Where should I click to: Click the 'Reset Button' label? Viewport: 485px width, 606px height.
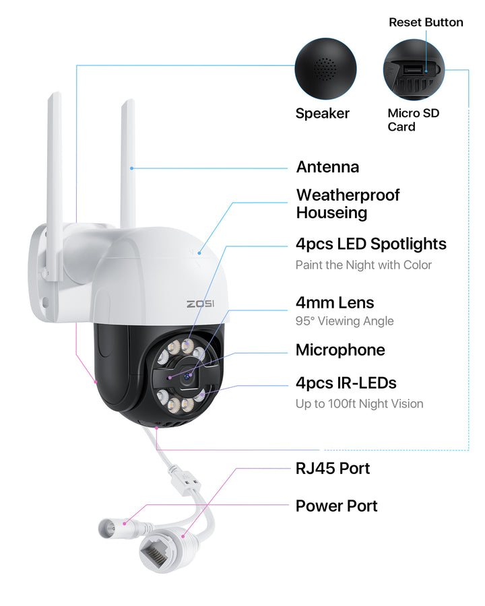point(426,22)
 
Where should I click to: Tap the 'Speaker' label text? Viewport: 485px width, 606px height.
point(323,113)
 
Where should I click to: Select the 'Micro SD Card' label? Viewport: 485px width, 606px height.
point(413,120)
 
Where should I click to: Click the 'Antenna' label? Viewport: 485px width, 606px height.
point(327,167)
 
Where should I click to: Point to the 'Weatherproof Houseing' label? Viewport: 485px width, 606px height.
point(348,204)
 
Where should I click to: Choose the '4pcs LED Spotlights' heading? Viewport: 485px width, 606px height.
point(370,244)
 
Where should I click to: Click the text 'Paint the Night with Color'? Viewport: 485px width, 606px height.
point(364,265)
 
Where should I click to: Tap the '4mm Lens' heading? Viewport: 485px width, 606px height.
point(335,302)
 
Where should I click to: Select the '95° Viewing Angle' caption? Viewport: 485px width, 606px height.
point(344,321)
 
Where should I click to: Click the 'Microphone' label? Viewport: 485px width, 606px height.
point(340,349)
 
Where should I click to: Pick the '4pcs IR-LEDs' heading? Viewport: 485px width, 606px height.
point(346,383)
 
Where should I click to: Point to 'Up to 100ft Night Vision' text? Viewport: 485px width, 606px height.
point(359,404)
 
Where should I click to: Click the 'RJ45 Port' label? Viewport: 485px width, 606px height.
point(333,468)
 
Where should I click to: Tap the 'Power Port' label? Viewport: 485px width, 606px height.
point(336,506)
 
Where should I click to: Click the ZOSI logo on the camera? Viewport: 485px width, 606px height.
point(200,304)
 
